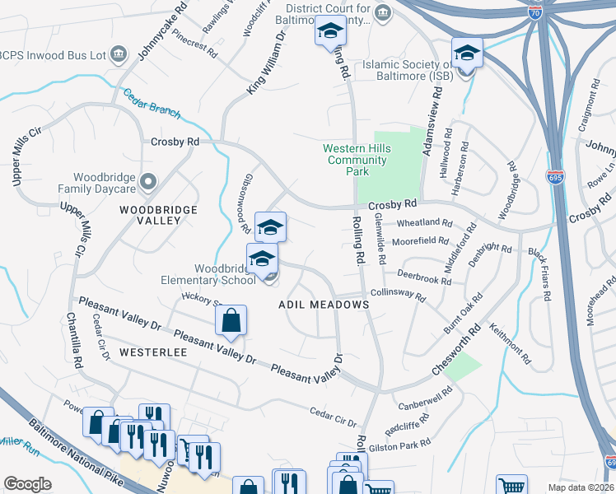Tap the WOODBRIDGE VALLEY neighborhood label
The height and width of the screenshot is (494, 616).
[x=158, y=215]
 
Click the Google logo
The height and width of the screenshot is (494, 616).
[x=27, y=484]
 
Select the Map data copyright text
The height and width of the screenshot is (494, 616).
[x=581, y=487]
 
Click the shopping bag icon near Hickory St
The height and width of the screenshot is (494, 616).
[x=231, y=320]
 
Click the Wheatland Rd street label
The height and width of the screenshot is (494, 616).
[x=424, y=223]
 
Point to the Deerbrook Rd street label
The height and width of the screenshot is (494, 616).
[x=423, y=276]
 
